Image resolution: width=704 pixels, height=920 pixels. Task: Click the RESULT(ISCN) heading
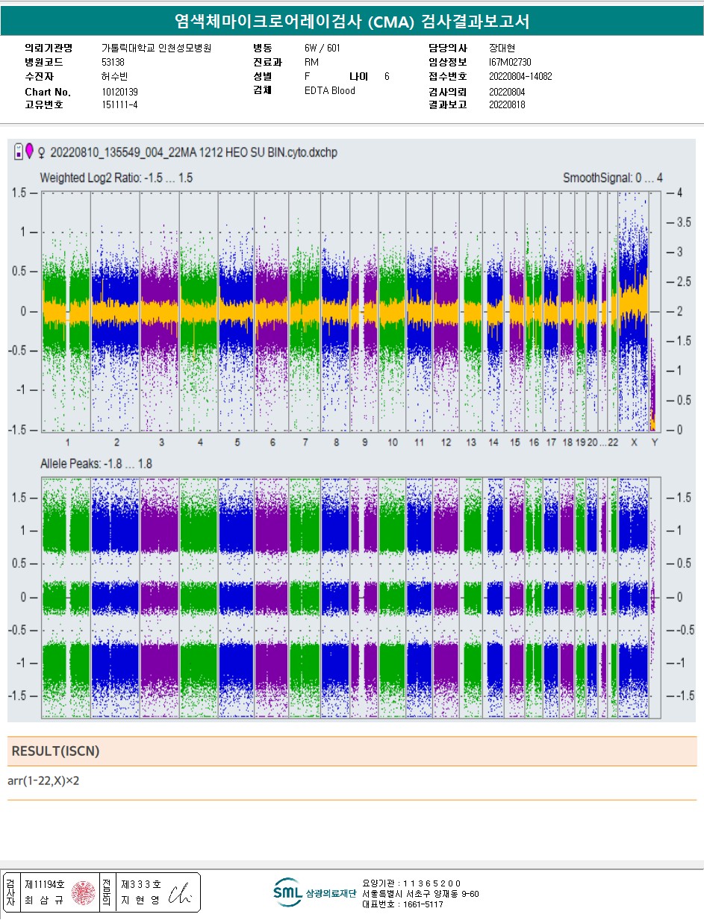[x=55, y=751]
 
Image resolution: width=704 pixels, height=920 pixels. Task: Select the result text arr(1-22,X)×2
[x=43, y=780]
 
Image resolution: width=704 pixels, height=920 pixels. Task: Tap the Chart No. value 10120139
[x=119, y=92]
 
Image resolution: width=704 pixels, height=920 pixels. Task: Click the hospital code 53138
[x=113, y=62]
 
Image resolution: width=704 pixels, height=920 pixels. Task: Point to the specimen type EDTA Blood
[x=329, y=91]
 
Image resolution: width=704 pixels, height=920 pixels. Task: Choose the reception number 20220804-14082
[x=520, y=76]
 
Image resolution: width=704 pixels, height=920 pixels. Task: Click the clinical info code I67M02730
[x=511, y=62]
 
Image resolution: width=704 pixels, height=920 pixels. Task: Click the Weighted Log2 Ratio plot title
[x=116, y=178]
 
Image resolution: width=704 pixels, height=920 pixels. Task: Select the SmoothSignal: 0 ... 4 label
[x=612, y=178]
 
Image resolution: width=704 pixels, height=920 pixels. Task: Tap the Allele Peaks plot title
[x=96, y=464]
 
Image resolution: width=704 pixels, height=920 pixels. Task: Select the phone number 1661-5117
[x=413, y=904]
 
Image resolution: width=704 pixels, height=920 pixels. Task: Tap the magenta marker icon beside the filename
[x=29, y=151]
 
